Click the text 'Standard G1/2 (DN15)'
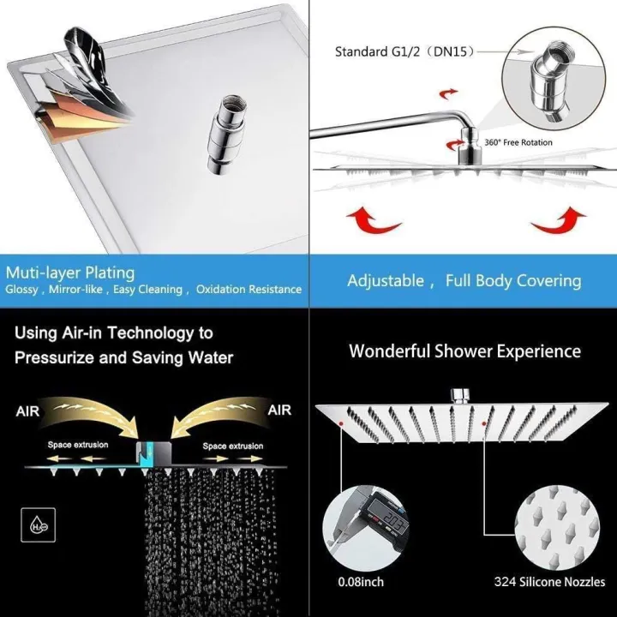[x=402, y=51]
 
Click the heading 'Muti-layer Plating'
[x=70, y=273]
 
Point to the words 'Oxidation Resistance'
[x=249, y=290]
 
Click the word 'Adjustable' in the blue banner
[x=386, y=280]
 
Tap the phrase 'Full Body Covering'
[x=513, y=280]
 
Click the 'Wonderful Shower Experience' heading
[x=464, y=351]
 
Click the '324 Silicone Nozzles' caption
[x=550, y=582]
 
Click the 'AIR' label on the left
[x=27, y=411]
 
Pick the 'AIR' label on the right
[x=279, y=410]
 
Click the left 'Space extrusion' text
[x=71, y=446]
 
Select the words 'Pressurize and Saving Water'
[x=123, y=357]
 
